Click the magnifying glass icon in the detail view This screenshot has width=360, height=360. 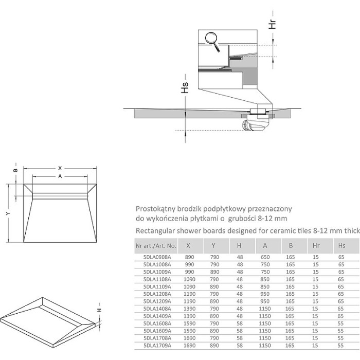click(211, 39)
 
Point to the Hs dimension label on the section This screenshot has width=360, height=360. click(186, 88)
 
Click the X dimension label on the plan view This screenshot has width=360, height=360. click(60, 168)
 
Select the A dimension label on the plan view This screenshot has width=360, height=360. click(60, 176)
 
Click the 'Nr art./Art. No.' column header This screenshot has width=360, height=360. click(156, 246)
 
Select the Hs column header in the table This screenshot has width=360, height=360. click(341, 246)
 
